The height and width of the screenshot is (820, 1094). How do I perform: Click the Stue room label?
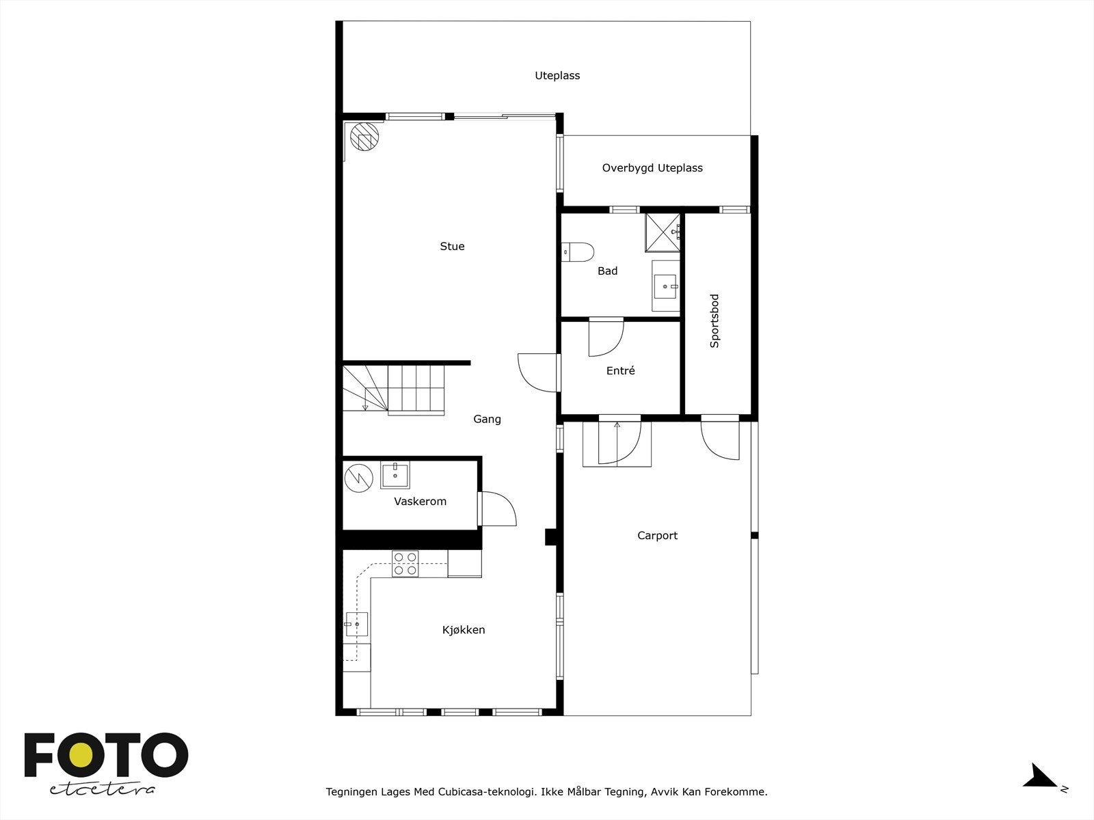point(452,247)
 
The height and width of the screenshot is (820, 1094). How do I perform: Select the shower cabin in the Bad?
point(663,233)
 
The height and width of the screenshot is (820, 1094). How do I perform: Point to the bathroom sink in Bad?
point(665,286)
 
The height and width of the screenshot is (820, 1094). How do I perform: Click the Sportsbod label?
point(715,321)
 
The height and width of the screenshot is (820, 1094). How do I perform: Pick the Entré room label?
point(621,371)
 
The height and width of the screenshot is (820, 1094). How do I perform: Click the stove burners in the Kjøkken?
point(405,564)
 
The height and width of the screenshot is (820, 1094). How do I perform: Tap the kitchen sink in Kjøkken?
point(356,624)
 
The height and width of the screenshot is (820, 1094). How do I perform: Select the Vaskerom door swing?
point(498,509)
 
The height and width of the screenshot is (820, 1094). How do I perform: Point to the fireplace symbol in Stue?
point(363,137)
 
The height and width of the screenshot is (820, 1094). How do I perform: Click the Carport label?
point(657,536)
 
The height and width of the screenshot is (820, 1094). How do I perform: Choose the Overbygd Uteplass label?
point(652,168)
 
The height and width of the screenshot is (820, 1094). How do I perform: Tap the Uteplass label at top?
point(557,76)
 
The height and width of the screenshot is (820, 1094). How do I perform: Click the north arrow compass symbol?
point(1041,776)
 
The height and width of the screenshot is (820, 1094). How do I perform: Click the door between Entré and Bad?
point(606,336)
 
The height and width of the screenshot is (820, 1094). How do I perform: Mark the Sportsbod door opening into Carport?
point(720,438)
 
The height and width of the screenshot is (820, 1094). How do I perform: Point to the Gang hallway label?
point(487,420)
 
